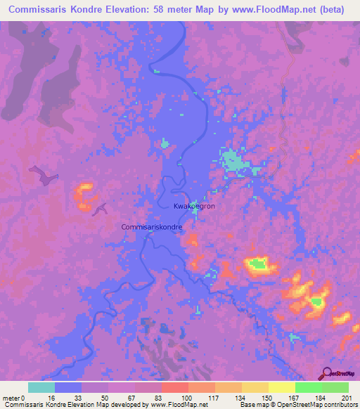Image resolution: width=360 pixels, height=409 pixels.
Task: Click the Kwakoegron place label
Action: click(195, 207)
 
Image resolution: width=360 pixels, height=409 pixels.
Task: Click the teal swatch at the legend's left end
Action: click(41, 387)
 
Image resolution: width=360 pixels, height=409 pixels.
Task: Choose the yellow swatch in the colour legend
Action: click(282, 387)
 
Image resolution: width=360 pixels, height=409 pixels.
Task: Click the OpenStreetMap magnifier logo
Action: click(326, 373)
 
